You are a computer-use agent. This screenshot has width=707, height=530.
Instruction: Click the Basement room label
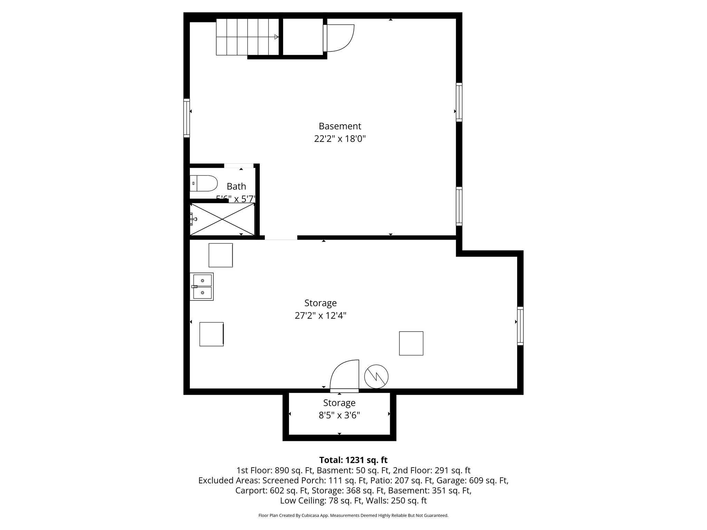pyautogui.click(x=340, y=126)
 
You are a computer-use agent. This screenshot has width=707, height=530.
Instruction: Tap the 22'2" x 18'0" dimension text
pyautogui.click(x=340, y=139)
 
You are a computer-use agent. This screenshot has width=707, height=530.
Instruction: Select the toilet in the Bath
pyautogui.click(x=203, y=183)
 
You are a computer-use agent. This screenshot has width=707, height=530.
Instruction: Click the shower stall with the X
pyautogui.click(x=222, y=219)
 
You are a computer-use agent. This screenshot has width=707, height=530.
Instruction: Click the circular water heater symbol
pyautogui.click(x=376, y=376)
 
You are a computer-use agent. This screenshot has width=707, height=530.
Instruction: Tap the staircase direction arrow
pyautogui.click(x=276, y=37)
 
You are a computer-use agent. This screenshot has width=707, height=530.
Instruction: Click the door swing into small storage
pyautogui.click(x=344, y=375)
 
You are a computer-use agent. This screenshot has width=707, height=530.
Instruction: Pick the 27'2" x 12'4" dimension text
pyautogui.click(x=320, y=316)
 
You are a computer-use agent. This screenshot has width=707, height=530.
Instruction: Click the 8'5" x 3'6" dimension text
pyautogui.click(x=339, y=415)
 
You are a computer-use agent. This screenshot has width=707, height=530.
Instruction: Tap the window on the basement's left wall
pyautogui.click(x=186, y=118)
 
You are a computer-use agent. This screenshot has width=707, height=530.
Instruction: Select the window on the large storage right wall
pyautogui.click(x=520, y=326)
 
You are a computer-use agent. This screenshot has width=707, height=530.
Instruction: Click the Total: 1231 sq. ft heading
pyautogui.click(x=353, y=460)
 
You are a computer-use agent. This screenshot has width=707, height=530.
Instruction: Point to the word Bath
pyautogui.click(x=236, y=186)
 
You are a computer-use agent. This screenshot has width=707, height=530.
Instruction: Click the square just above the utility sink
pyautogui.click(x=221, y=255)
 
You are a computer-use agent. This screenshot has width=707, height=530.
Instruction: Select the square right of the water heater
pyautogui.click(x=411, y=343)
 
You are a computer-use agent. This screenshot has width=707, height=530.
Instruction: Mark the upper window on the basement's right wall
pyautogui.click(x=459, y=102)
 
